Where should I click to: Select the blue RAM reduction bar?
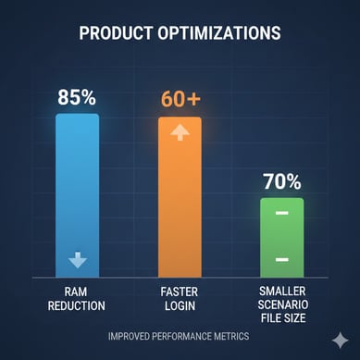click(x=78, y=185)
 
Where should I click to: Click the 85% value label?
click(x=78, y=96)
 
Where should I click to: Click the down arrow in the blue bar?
click(x=78, y=259)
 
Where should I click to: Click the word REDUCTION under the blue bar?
click(x=79, y=305)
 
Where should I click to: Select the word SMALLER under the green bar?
click(x=282, y=291)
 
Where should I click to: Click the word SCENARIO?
click(x=282, y=304)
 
